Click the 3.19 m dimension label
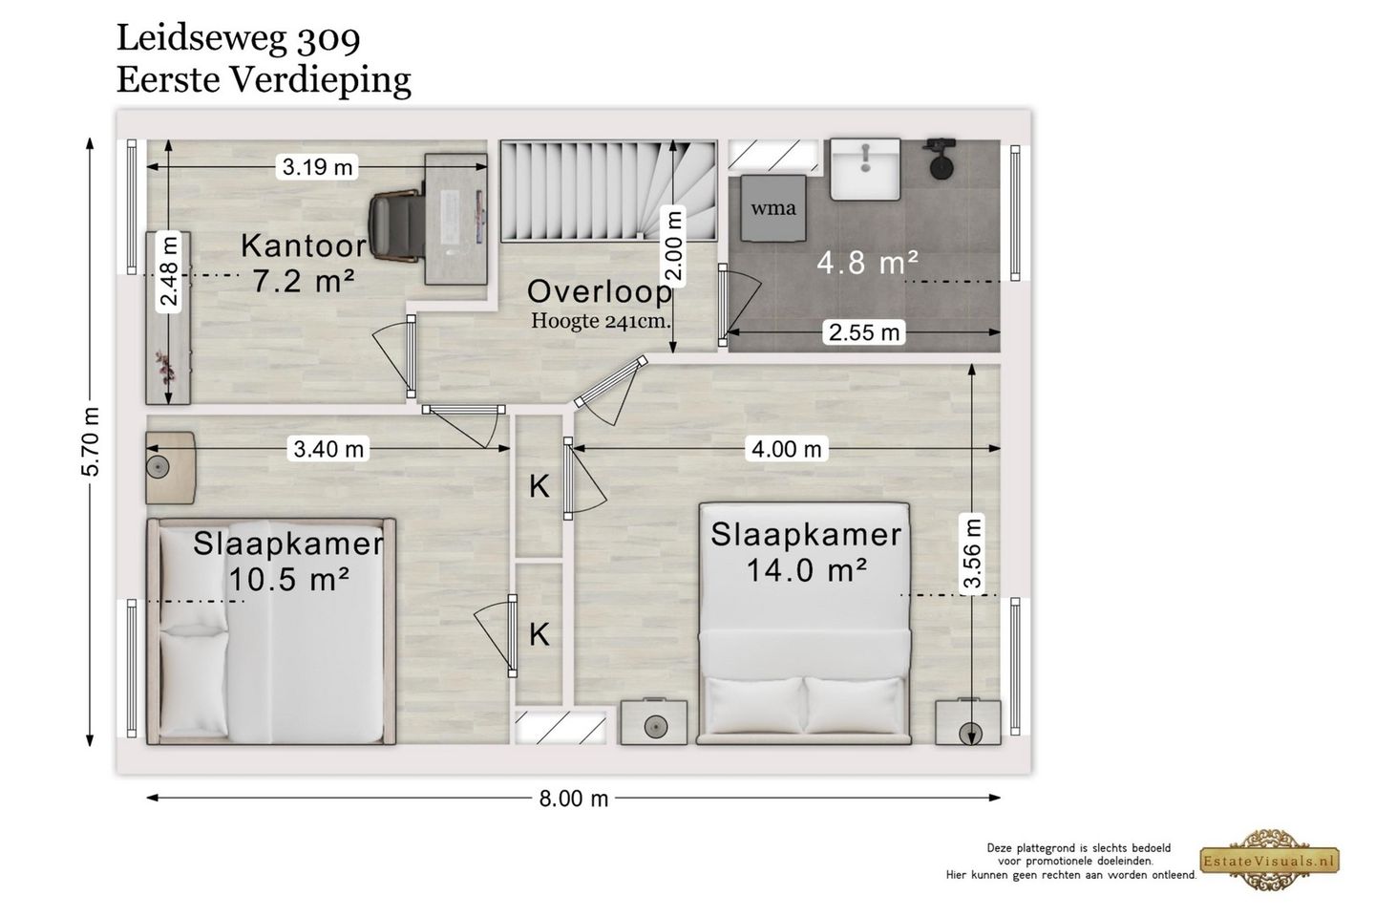click(317, 166)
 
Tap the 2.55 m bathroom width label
click(863, 332)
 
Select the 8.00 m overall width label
click(573, 799)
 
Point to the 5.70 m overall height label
click(90, 441)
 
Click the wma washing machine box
click(773, 208)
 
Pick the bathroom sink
click(865, 169)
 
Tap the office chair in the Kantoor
click(396, 224)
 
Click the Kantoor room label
click(304, 246)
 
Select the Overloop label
click(600, 291)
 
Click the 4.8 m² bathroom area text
click(867, 263)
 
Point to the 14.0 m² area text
click(807, 569)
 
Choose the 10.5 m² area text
click(288, 579)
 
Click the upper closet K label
click(539, 486)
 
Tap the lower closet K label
click(539, 634)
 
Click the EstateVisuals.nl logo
click(1269, 861)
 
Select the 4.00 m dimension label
click(787, 449)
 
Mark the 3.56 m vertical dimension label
click(972, 553)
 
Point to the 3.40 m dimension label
click(328, 449)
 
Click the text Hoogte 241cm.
click(601, 321)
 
